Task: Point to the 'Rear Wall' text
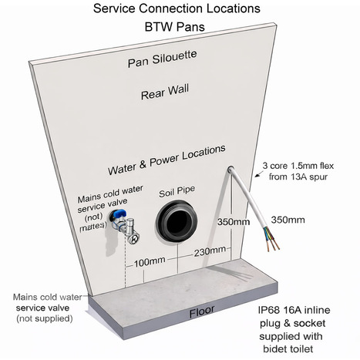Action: pos(160,96)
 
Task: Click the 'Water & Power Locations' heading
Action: pos(165,149)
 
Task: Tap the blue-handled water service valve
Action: pos(116,224)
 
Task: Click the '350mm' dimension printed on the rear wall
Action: pos(233,221)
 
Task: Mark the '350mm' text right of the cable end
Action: pos(288,220)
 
